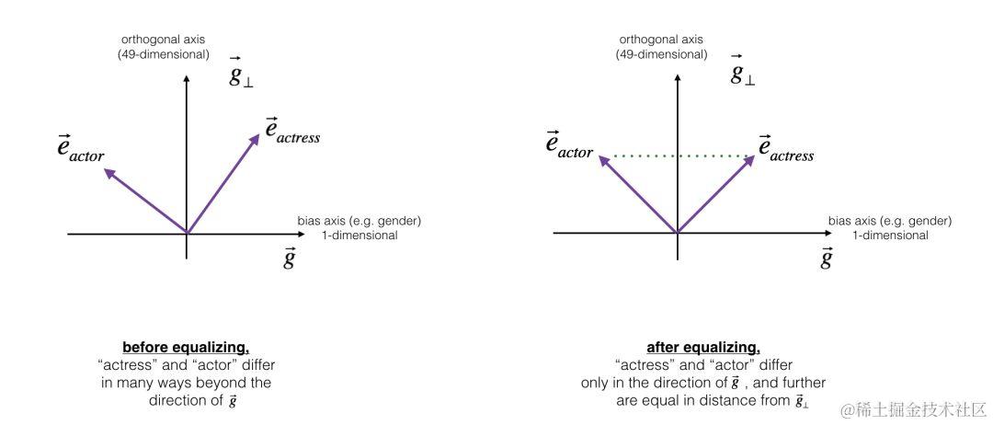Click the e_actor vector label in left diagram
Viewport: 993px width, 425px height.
click(x=80, y=148)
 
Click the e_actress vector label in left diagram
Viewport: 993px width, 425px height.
click(x=292, y=131)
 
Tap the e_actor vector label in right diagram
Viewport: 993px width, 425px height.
click(x=568, y=144)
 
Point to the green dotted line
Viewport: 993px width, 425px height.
click(x=677, y=156)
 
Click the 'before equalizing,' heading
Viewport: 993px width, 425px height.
click(x=186, y=348)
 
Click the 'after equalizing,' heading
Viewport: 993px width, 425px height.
click(x=702, y=348)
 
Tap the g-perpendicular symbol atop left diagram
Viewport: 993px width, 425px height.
click(x=242, y=75)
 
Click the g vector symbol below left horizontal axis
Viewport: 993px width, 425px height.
click(x=289, y=258)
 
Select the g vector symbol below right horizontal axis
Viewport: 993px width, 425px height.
click(x=826, y=258)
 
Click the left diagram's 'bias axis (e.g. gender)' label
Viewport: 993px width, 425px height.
click(x=360, y=222)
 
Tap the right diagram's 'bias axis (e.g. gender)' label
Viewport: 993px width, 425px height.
click(x=889, y=222)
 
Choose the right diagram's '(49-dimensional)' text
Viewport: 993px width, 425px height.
click(x=661, y=54)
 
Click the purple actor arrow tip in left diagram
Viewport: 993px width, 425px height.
click(x=107, y=169)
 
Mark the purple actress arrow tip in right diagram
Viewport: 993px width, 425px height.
click(x=753, y=157)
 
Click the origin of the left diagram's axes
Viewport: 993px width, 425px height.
click(x=187, y=234)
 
